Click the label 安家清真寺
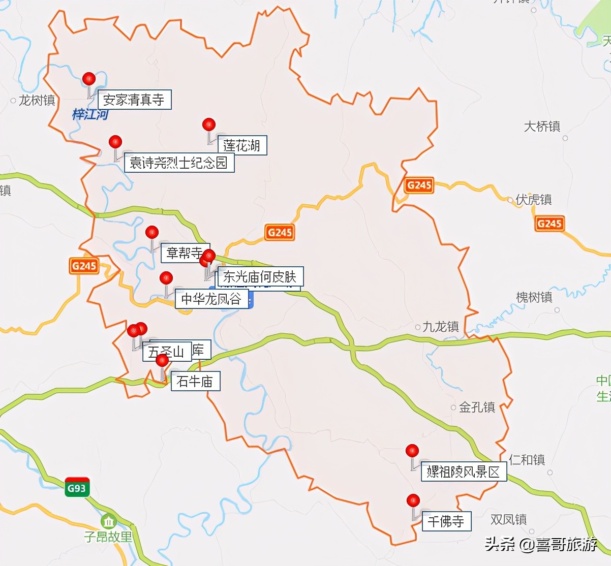tap(134, 100)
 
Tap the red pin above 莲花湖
tap(208, 124)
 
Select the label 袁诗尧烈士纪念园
tap(178, 163)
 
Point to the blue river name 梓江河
tap(90, 114)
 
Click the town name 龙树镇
tap(37, 101)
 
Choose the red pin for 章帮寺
tap(152, 233)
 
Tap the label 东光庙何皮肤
tap(260, 276)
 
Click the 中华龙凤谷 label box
tap(211, 299)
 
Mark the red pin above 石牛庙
tap(162, 360)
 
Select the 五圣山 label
tap(166, 352)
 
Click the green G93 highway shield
tap(77, 488)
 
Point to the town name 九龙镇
tap(440, 327)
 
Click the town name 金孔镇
tap(477, 407)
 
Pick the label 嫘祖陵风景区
tap(463, 472)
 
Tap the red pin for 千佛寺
tap(413, 500)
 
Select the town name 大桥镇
tap(542, 127)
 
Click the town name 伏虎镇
tap(534, 200)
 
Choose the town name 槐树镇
tap(534, 297)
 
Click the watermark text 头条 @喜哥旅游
tap(541, 545)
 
